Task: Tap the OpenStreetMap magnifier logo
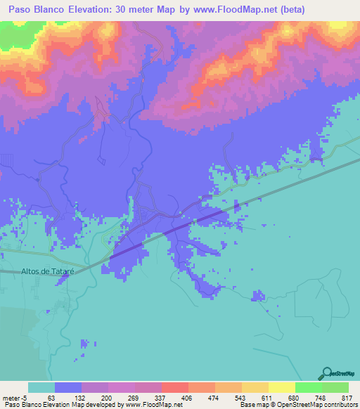(328, 372)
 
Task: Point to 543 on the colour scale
(241, 397)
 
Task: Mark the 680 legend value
(295, 397)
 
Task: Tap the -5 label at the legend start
(23, 397)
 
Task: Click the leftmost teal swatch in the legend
(41, 387)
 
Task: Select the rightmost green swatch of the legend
(335, 387)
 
